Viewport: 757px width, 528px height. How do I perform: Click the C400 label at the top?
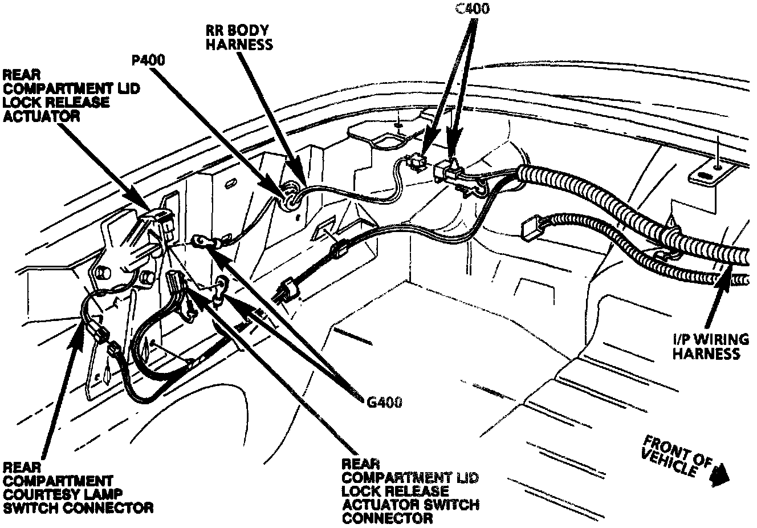[473, 9]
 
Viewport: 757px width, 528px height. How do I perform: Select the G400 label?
[382, 402]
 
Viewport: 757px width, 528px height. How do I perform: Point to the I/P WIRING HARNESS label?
[710, 347]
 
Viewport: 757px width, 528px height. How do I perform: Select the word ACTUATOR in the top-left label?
[41, 116]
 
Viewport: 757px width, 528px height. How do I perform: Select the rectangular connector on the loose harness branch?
[532, 226]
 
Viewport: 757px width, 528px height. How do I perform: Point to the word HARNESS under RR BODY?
[239, 44]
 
